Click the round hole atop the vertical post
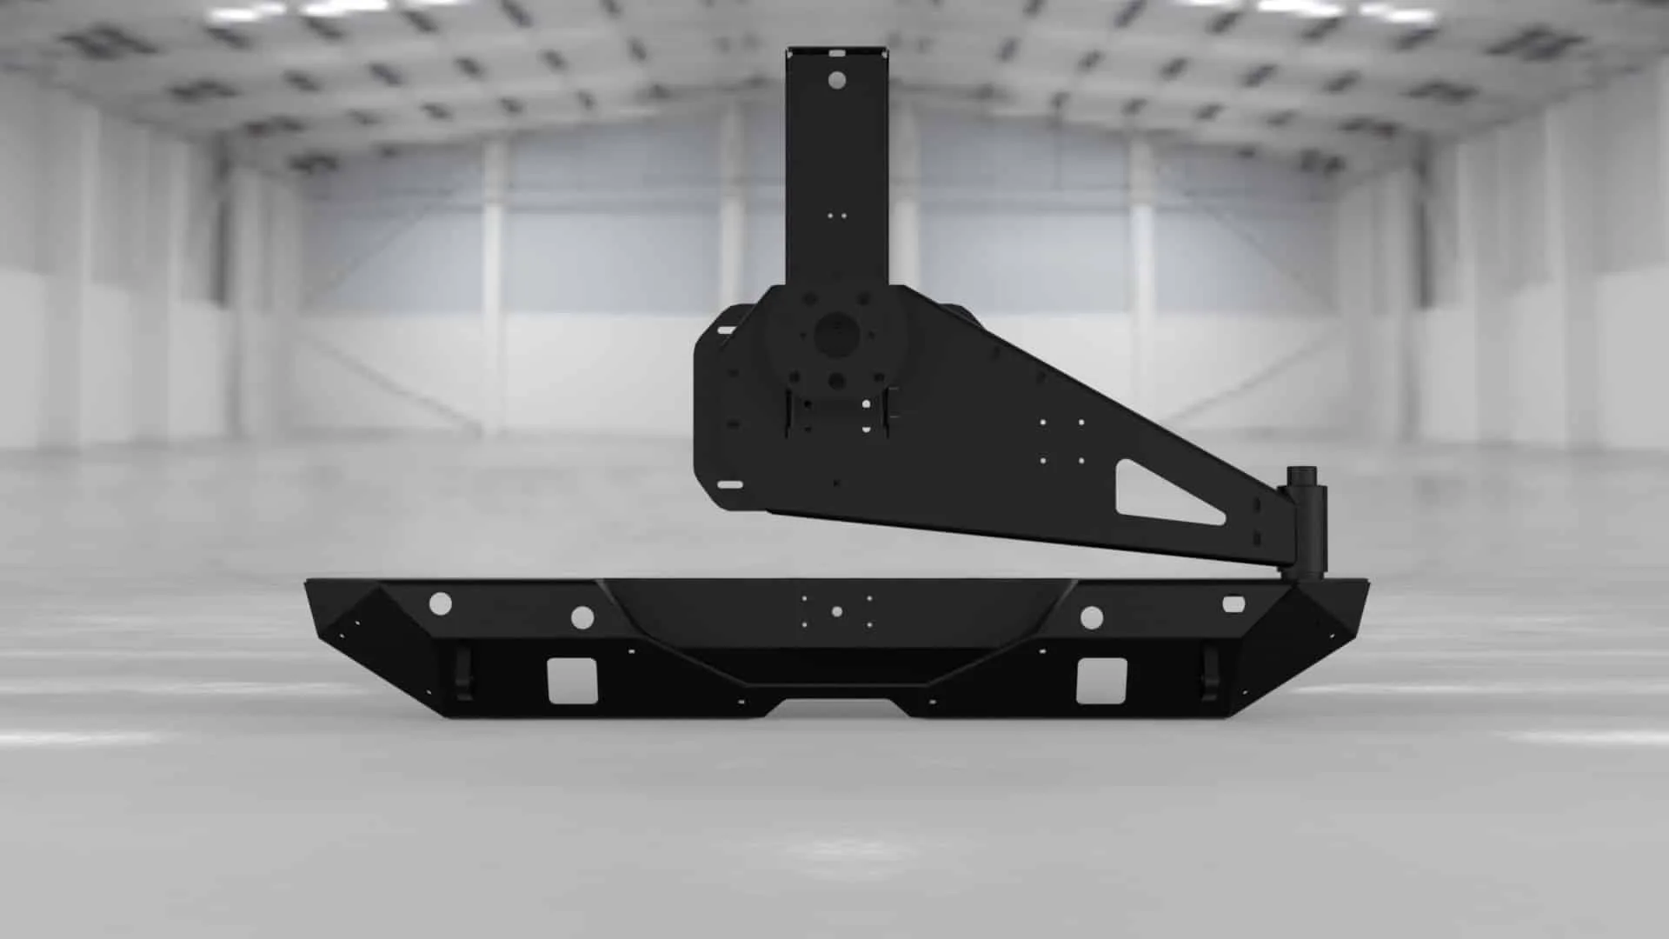(836, 80)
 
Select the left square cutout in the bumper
(571, 680)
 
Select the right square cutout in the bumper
(1100, 681)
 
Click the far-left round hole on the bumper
(440, 603)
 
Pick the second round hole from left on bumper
(582, 618)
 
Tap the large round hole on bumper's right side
(1091, 618)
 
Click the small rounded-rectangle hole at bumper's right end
(1233, 603)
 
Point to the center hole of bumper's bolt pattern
(836, 612)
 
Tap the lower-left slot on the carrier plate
(730, 485)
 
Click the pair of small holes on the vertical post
(836, 215)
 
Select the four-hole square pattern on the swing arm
(1061, 442)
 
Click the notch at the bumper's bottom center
(836, 706)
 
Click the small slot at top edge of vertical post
(836, 51)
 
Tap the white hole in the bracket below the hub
(866, 403)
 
